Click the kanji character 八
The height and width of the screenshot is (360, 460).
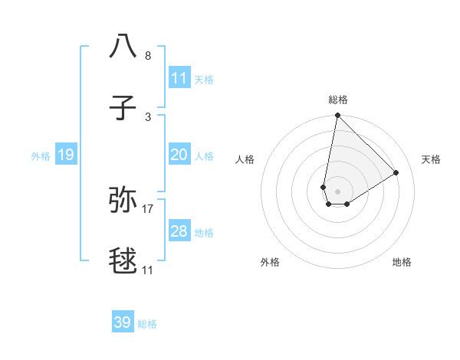pos(123,45)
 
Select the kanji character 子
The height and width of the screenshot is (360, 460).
pos(123,109)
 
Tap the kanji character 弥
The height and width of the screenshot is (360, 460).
pos(123,198)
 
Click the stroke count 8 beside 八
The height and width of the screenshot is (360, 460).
pos(148,56)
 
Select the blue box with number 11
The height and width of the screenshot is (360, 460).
pos(179,78)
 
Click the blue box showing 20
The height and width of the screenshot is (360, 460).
pos(179,155)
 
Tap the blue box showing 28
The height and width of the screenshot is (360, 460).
pos(179,231)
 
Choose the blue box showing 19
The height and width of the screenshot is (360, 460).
pos(66,155)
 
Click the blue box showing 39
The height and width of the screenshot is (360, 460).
pos(123,322)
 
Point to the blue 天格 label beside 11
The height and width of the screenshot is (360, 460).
pos(204,79)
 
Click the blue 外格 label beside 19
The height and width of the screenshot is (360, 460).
pos(41,155)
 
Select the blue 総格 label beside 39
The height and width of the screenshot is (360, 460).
pos(147,323)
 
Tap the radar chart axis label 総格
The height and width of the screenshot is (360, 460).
pos(338,100)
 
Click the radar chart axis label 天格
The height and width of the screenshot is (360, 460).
pos(431,159)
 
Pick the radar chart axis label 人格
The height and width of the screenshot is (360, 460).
pos(245,159)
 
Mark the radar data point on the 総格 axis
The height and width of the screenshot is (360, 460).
pos(337,116)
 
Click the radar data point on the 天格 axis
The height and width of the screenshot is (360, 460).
pos(396,172)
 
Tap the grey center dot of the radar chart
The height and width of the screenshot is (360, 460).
pos(337,191)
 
